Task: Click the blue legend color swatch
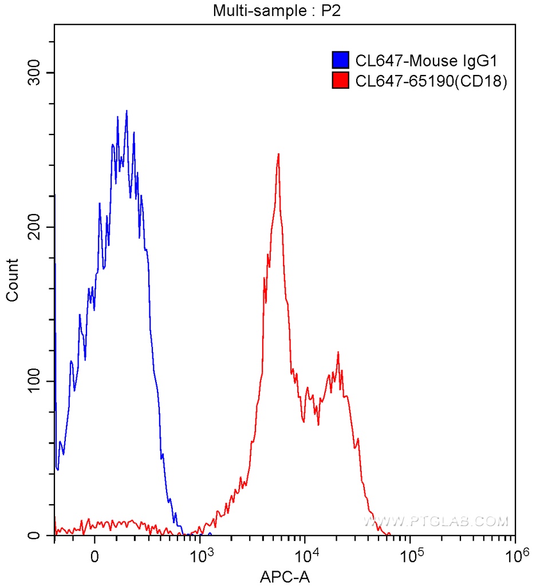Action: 341,60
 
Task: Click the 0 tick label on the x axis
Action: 95,555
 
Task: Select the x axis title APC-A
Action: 285,575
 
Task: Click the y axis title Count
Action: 12,280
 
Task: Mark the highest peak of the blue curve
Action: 127,111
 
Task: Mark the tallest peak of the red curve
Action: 278,154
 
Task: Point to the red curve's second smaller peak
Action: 338,353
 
